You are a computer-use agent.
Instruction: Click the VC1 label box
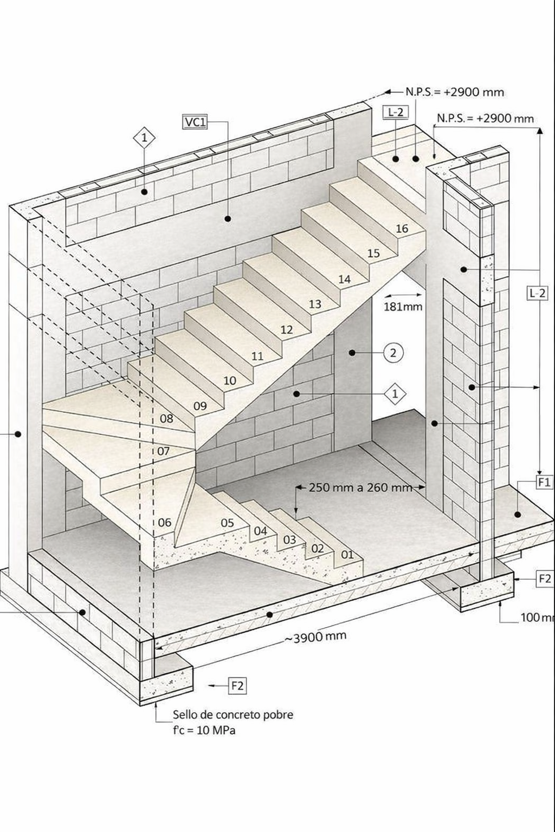click(x=196, y=122)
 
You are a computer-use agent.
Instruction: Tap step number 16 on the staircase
click(x=402, y=229)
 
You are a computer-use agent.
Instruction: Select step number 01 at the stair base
click(x=347, y=554)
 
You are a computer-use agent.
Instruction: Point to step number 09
click(x=200, y=406)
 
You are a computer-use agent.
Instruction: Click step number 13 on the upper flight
click(x=315, y=304)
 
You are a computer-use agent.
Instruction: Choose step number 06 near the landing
click(x=165, y=522)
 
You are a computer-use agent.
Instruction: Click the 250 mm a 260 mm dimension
click(x=360, y=487)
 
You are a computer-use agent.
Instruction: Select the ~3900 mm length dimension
click(x=315, y=637)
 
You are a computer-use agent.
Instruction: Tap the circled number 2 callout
click(x=393, y=353)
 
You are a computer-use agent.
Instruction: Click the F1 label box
click(x=544, y=482)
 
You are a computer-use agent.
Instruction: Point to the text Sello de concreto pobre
click(x=233, y=714)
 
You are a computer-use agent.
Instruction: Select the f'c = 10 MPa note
click(x=204, y=730)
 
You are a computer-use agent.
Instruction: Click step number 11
click(x=257, y=356)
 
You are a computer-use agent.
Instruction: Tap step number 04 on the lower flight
click(x=261, y=531)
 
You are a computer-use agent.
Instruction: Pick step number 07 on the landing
click(x=164, y=451)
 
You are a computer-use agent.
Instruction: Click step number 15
click(x=373, y=253)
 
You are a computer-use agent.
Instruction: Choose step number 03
click(x=289, y=539)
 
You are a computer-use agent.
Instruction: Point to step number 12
click(x=287, y=329)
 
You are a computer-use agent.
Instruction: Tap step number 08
click(x=166, y=418)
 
